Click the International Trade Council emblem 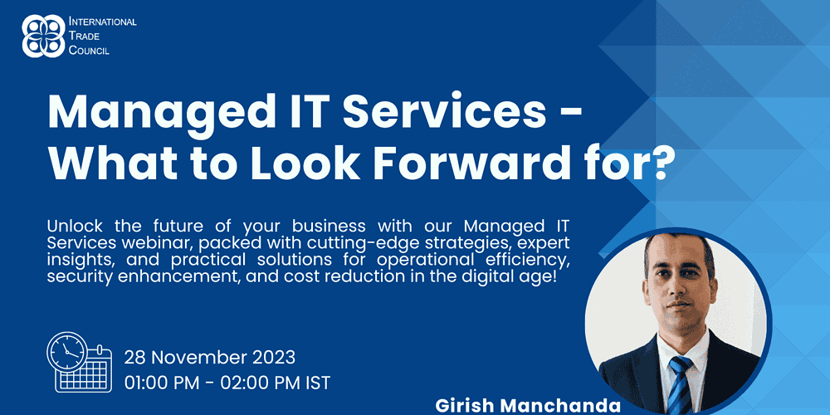43,36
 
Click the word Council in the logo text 90,51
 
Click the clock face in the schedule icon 67,352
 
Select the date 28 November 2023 210,357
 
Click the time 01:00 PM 164,382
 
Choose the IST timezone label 315,382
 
